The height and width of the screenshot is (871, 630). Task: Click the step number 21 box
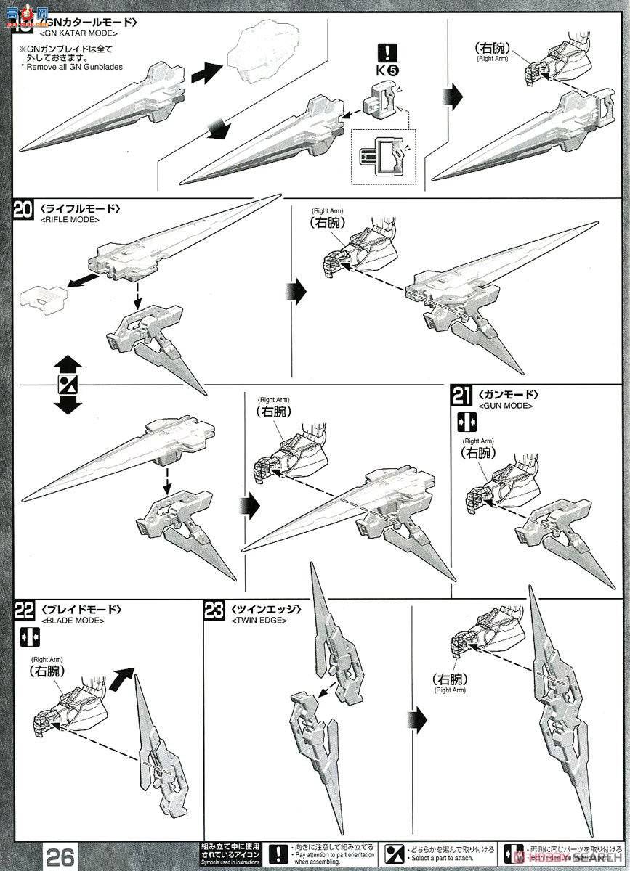[x=461, y=396]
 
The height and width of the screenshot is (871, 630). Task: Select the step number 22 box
[x=24, y=611]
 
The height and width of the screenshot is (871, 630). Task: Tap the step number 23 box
[x=214, y=611]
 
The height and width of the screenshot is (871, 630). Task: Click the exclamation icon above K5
[x=389, y=53]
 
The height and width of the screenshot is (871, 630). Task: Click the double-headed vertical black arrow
[x=68, y=384]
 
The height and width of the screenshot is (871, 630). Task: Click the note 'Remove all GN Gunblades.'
[x=73, y=67]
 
